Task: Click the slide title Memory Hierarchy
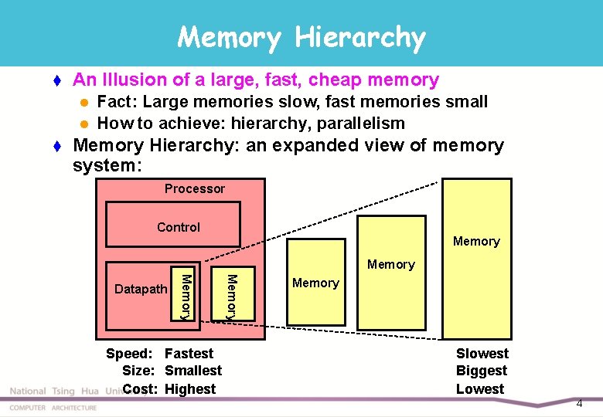pyautogui.click(x=301, y=36)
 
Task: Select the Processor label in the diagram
pyautogui.click(x=195, y=188)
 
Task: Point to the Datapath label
pyautogui.click(x=141, y=289)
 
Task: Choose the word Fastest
pyautogui.click(x=189, y=354)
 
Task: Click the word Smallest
pyautogui.click(x=193, y=371)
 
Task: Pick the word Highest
pyautogui.click(x=190, y=389)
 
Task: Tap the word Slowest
pyautogui.click(x=482, y=354)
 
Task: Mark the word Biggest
pyautogui.click(x=482, y=371)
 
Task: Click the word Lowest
pyautogui.click(x=480, y=389)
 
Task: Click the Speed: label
pyautogui.click(x=128, y=354)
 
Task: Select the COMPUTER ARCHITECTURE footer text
pyautogui.click(x=53, y=408)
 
